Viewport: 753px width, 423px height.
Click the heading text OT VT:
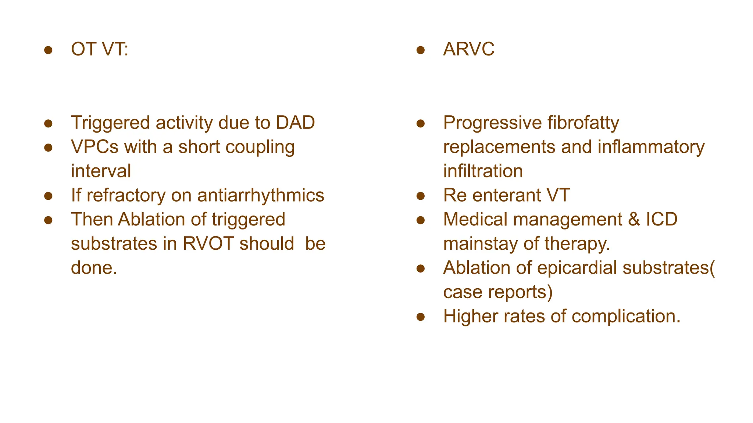click(x=100, y=49)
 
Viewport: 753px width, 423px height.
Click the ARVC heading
click(x=469, y=49)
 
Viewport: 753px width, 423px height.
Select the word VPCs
click(x=94, y=147)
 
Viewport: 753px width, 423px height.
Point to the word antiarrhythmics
click(x=261, y=195)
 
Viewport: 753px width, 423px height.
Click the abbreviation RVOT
click(x=208, y=244)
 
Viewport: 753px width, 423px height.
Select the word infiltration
click(x=483, y=171)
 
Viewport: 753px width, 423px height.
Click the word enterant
click(x=506, y=195)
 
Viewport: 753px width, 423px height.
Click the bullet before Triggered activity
click(x=48, y=123)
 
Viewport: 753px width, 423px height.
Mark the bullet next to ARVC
click(x=421, y=50)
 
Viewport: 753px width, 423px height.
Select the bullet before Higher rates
click(x=421, y=317)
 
